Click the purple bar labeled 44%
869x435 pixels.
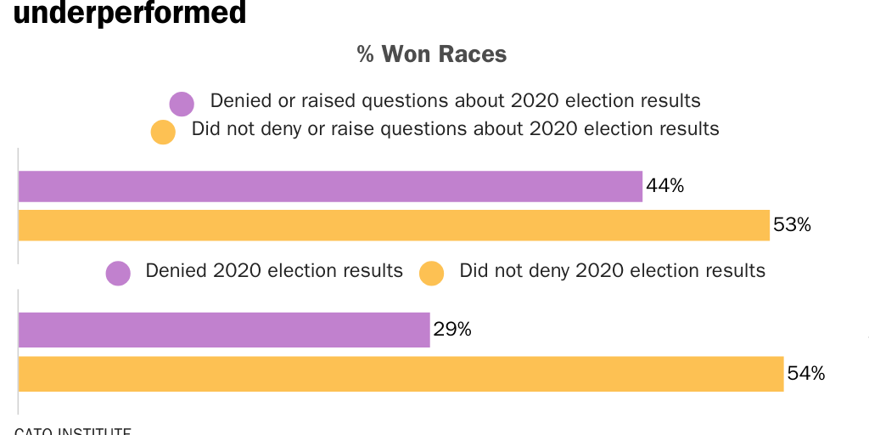[x=330, y=186]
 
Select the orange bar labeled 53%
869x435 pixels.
[x=394, y=225]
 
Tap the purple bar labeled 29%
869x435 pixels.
[x=224, y=330]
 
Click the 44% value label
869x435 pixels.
[x=664, y=186]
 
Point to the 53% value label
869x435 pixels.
[x=792, y=225]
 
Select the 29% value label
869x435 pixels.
[x=452, y=330]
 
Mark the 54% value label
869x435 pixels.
[x=805, y=374]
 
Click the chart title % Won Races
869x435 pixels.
[x=432, y=55]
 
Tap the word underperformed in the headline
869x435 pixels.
[x=130, y=13]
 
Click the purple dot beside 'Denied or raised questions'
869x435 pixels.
[x=182, y=104]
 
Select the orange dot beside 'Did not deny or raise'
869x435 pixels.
[x=162, y=133]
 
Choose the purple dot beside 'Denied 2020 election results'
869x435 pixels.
[x=118, y=274]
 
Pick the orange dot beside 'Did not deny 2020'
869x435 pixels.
[x=432, y=274]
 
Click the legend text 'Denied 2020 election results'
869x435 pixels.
[x=274, y=271]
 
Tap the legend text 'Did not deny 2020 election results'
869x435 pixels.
[x=612, y=271]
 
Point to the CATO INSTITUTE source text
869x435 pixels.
[x=73, y=430]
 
